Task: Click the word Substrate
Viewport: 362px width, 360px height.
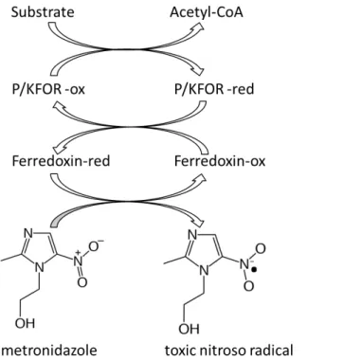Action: tap(43, 12)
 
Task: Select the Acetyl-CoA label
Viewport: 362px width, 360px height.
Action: tap(207, 12)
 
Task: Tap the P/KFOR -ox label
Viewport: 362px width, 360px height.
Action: tap(48, 89)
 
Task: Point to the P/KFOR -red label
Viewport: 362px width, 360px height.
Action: tap(214, 89)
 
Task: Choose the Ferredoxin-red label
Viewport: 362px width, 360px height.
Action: tap(61, 161)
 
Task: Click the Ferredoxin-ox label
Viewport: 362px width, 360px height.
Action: tap(220, 161)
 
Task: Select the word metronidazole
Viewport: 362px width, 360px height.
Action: tap(49, 350)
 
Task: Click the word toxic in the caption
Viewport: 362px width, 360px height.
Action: tap(179, 351)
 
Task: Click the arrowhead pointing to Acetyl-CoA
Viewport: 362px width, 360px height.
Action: tap(199, 27)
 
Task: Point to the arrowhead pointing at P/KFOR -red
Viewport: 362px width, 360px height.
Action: tap(197, 71)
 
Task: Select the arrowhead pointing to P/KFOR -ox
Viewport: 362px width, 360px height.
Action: tap(59, 106)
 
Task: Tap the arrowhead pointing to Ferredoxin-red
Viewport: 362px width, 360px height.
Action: tap(60, 147)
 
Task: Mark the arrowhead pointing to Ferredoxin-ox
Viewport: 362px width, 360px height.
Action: tap(200, 178)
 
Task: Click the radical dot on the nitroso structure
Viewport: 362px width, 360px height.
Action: tap(255, 270)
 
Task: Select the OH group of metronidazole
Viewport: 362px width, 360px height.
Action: tap(25, 323)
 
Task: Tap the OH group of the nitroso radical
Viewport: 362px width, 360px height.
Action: tap(189, 329)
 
